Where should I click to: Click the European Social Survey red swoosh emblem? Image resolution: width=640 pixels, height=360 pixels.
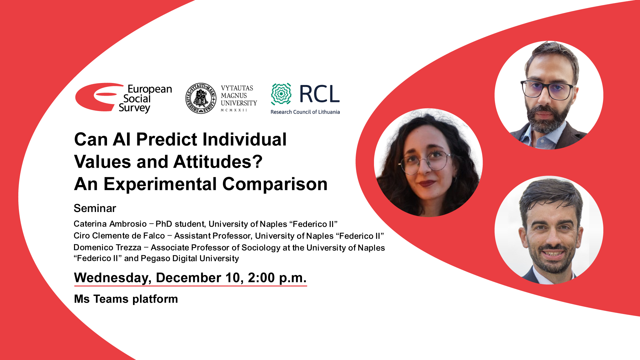point(97,97)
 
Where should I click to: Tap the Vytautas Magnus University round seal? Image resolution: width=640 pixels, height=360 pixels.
point(201,98)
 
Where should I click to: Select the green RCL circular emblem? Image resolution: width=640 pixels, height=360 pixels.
point(281,94)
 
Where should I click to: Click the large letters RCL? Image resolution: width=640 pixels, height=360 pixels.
point(319,94)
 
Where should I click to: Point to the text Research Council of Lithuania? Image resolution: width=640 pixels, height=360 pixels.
point(305,112)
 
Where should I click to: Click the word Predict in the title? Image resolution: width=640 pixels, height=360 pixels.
point(167,139)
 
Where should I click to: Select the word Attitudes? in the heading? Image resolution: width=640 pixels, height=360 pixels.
point(218,162)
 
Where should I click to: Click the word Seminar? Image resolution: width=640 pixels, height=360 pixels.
point(95,208)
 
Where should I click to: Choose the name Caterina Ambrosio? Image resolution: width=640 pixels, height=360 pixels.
point(110,224)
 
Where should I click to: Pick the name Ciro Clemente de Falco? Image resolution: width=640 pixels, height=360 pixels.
point(119,236)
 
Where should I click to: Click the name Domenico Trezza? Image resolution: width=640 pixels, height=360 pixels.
point(107,248)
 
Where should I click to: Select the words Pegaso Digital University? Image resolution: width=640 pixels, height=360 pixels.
point(190,259)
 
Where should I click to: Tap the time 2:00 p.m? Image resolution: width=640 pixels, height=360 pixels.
point(277,278)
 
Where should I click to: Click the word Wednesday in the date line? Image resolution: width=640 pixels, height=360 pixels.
point(113,278)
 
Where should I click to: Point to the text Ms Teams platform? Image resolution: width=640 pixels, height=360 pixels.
point(126,299)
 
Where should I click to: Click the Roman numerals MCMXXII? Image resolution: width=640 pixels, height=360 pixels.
point(234,110)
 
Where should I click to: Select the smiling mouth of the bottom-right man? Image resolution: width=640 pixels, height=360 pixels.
point(553,254)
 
